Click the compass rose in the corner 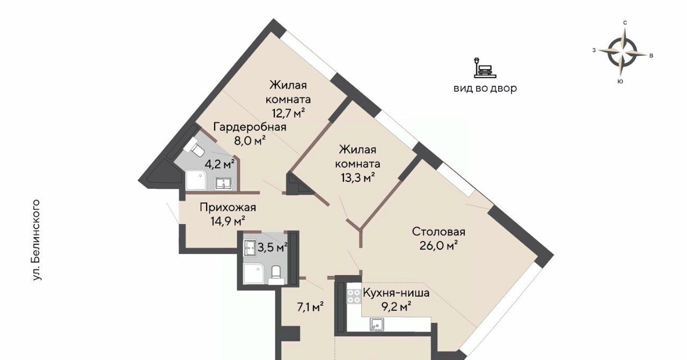click(623, 53)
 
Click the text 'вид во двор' click(485, 89)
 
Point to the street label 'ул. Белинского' click(36, 240)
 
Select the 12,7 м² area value click(288, 113)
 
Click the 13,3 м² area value click(357, 177)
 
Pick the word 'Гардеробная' click(250, 127)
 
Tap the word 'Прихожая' click(228, 208)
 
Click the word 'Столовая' click(438, 232)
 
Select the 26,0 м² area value click(438, 245)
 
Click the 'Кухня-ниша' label click(396, 293)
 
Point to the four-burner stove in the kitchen click(354, 296)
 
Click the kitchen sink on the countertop click(377, 325)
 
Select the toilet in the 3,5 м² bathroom click(276, 275)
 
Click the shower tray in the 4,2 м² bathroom click(195, 181)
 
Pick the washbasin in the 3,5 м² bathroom click(250, 248)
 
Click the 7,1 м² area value click(310, 307)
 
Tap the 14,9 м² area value click(228, 221)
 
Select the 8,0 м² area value click(250, 141)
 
